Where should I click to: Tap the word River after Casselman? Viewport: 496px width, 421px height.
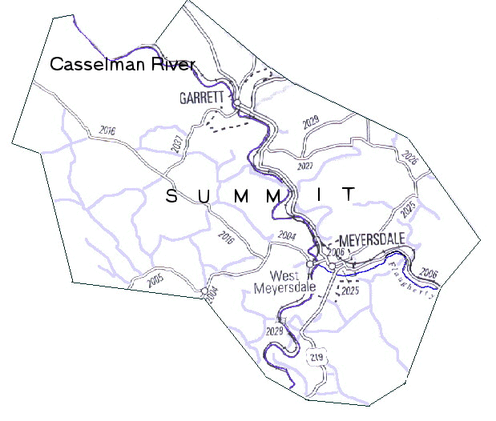(171, 65)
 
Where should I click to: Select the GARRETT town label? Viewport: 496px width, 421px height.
(201, 98)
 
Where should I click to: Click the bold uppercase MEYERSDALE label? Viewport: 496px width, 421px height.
(373, 240)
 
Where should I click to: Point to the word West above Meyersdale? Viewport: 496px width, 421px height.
(286, 273)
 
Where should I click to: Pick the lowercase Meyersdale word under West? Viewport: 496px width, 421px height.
(284, 287)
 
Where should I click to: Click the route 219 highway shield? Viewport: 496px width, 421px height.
(318, 356)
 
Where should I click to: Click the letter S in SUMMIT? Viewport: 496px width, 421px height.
(171, 196)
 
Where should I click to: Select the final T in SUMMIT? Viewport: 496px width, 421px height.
(348, 194)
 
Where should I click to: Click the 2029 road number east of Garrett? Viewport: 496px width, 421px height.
(310, 122)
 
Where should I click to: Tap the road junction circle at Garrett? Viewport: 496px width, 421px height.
(238, 104)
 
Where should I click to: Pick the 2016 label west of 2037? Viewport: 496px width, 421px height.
(107, 130)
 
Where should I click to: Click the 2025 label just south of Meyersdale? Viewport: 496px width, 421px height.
(349, 291)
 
